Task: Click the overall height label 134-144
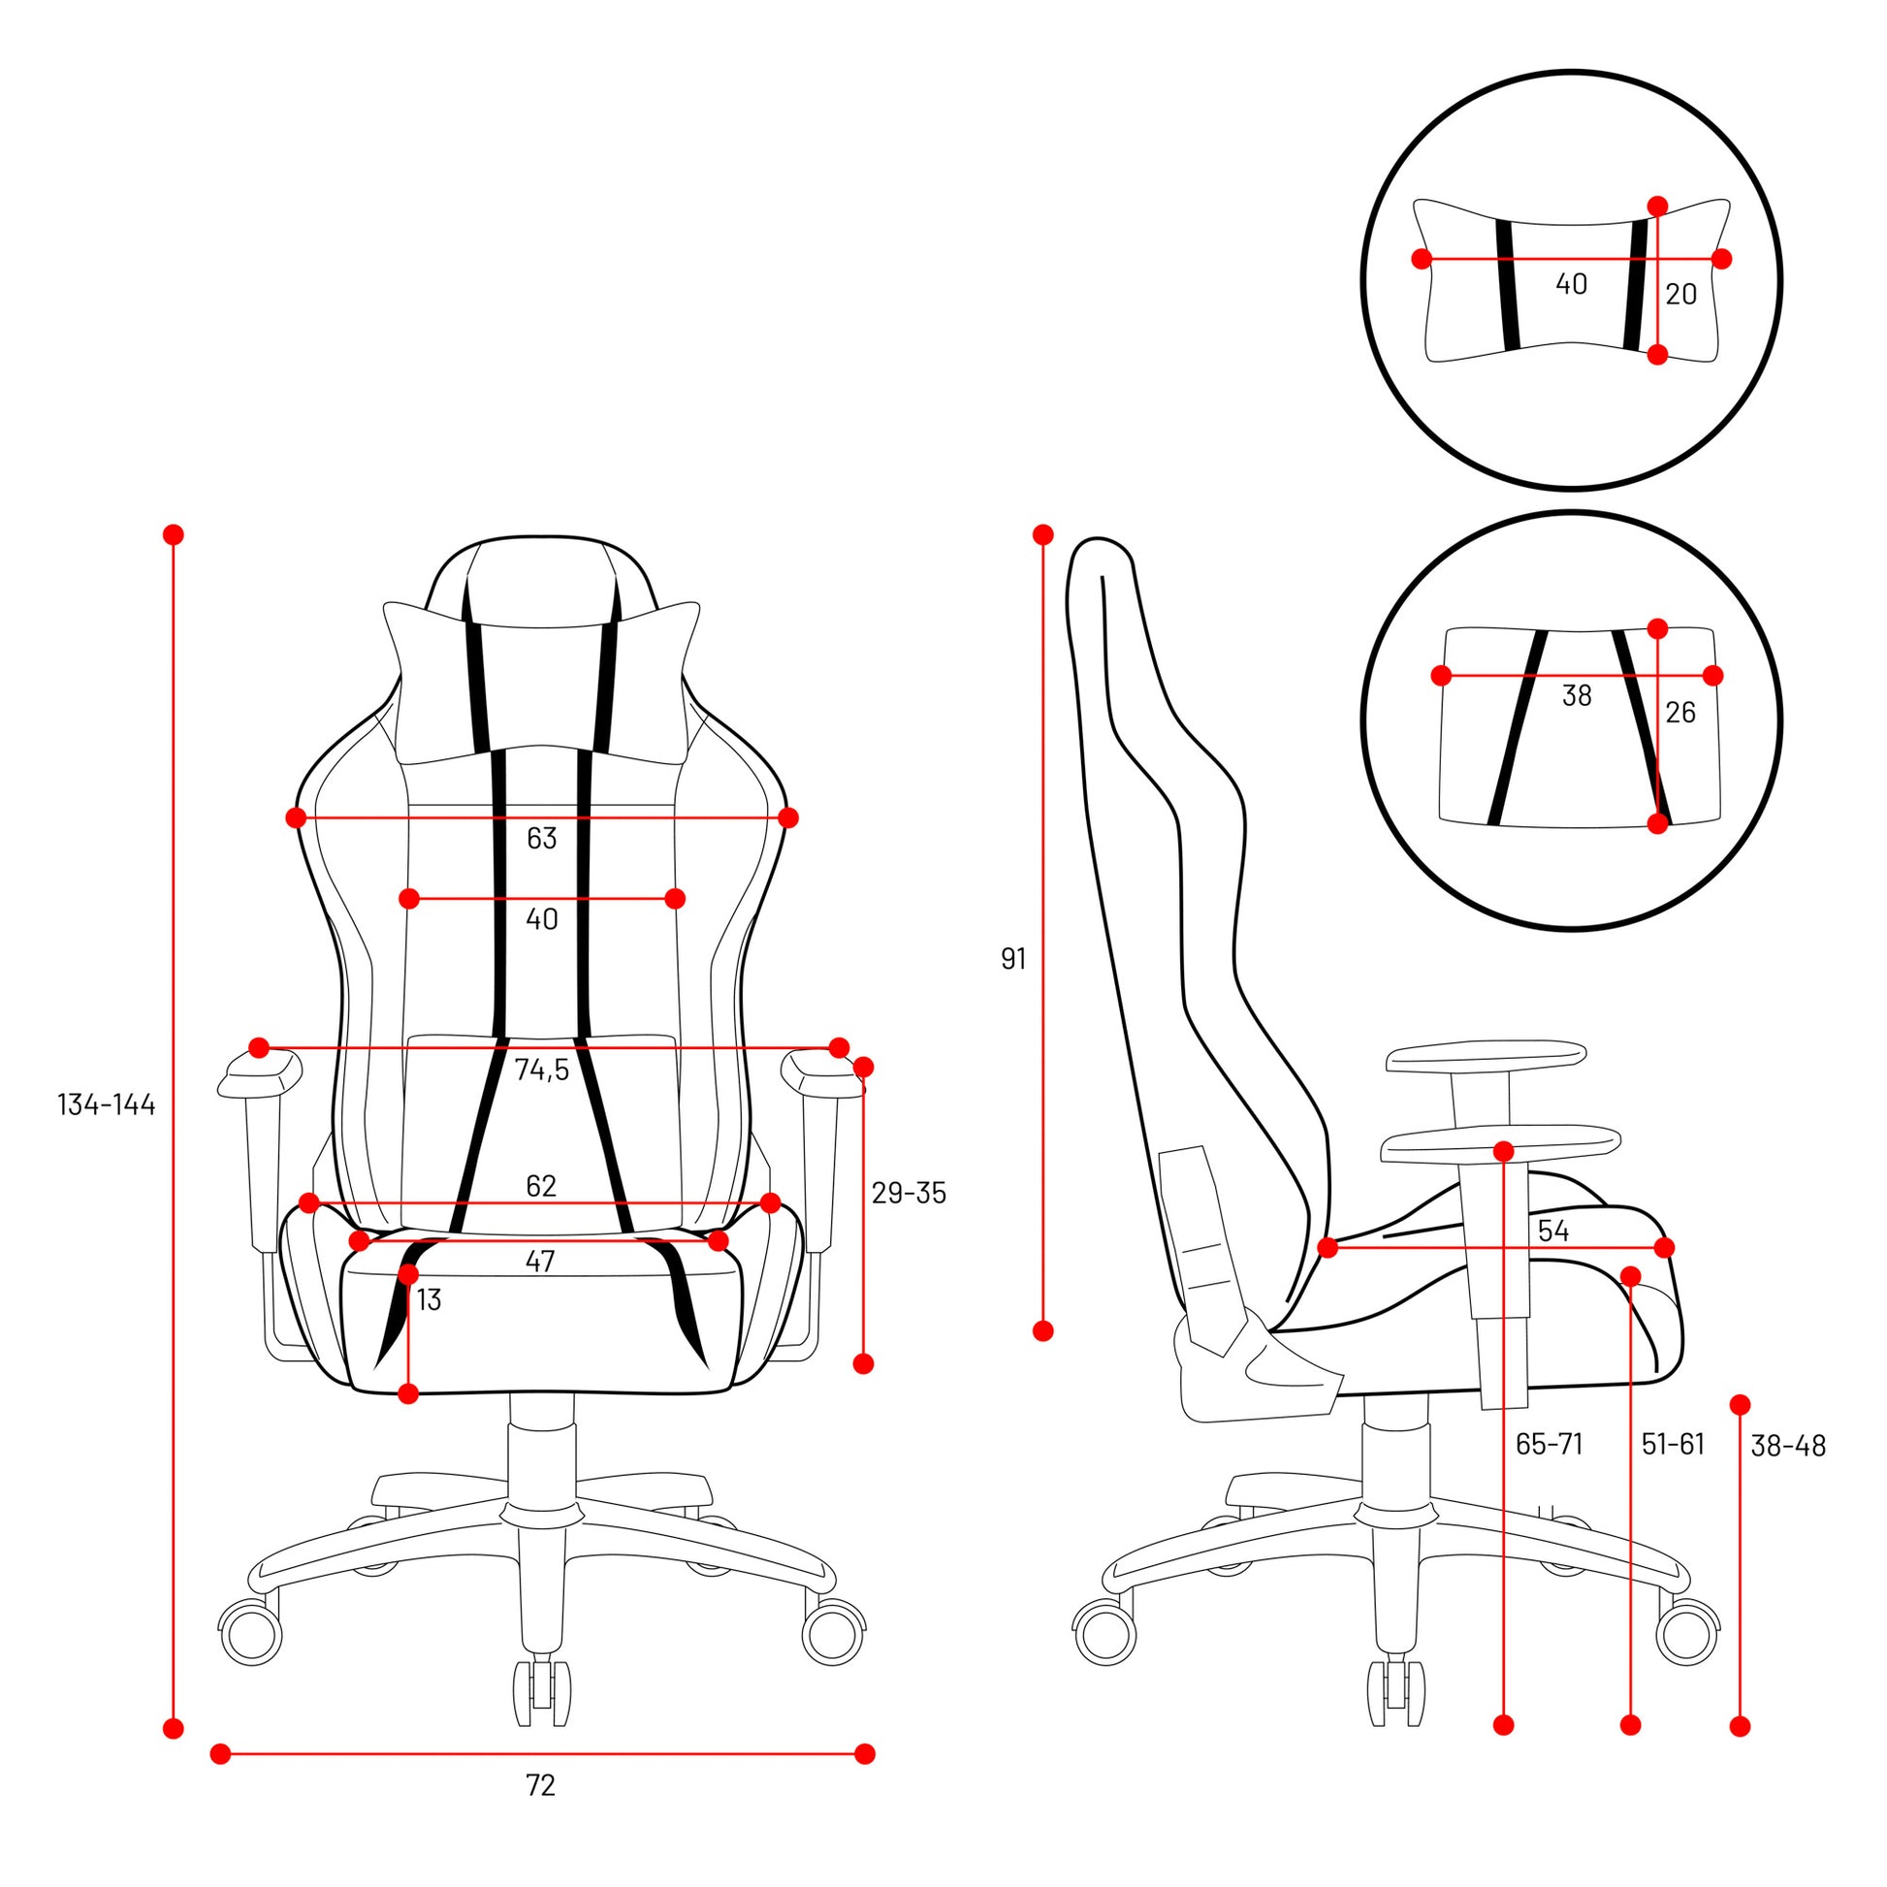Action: pyautogui.click(x=107, y=1105)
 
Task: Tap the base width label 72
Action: pyautogui.click(x=540, y=1785)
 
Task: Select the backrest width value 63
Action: pyautogui.click(x=541, y=838)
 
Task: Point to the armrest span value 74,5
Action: pyautogui.click(x=541, y=1071)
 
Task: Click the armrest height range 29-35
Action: pyautogui.click(x=909, y=1194)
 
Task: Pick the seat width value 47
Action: pyautogui.click(x=540, y=1262)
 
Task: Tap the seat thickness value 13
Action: pyautogui.click(x=429, y=1300)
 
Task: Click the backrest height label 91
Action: pyautogui.click(x=1014, y=959)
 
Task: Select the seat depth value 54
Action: pyautogui.click(x=1553, y=1231)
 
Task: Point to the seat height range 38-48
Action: pyautogui.click(x=1787, y=1447)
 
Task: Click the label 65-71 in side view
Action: pyautogui.click(x=1549, y=1444)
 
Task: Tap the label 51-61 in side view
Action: pyautogui.click(x=1672, y=1444)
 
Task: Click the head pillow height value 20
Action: pyautogui.click(x=1680, y=294)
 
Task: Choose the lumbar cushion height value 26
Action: pyautogui.click(x=1679, y=713)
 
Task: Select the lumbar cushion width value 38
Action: pyautogui.click(x=1577, y=696)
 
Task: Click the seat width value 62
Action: pyautogui.click(x=541, y=1186)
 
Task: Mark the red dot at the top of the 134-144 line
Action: pyautogui.click(x=174, y=534)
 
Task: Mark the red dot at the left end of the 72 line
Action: pyautogui.click(x=221, y=1753)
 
